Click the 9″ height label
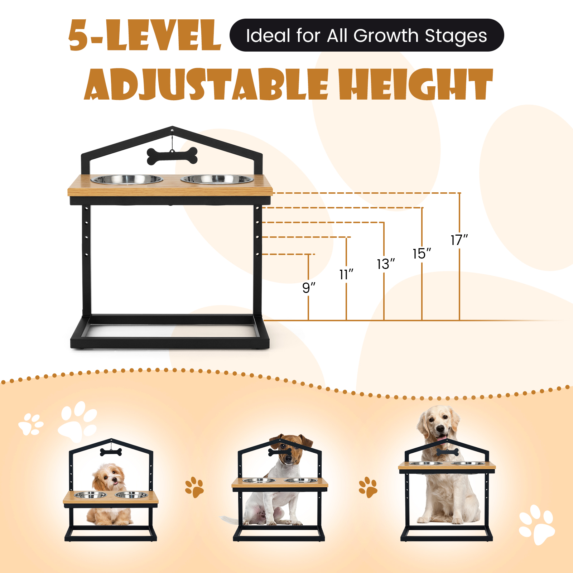pyautogui.click(x=309, y=288)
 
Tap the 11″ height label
pyautogui.click(x=346, y=275)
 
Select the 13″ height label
pyautogui.click(x=386, y=264)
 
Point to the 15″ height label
pyautogui.click(x=422, y=254)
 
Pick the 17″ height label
pyautogui.click(x=459, y=240)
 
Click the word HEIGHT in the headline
pyautogui.click(x=416, y=85)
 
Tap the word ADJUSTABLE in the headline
pyautogui.click(x=206, y=85)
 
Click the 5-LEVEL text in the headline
pyautogui.click(x=144, y=35)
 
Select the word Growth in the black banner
pyautogui.click(x=386, y=35)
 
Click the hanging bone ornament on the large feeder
pyautogui.click(x=172, y=156)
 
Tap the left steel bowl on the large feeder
pyautogui.click(x=127, y=179)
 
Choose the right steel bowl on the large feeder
pyautogui.click(x=217, y=179)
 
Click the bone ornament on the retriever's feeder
pyautogui.click(x=447, y=452)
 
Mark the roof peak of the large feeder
pyautogui.click(x=172, y=127)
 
